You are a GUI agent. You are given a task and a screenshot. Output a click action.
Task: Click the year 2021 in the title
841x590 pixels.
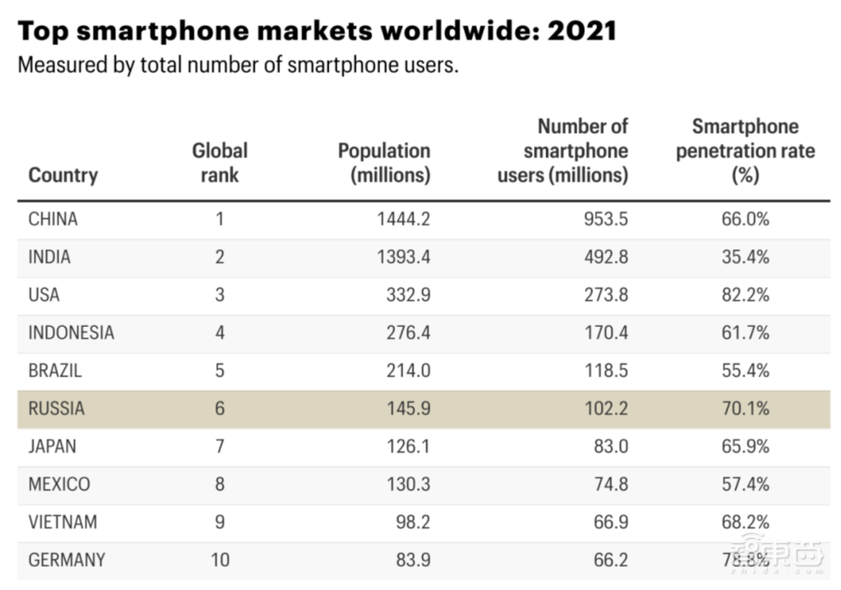(x=582, y=32)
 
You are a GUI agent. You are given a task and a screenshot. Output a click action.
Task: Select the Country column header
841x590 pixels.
(x=63, y=175)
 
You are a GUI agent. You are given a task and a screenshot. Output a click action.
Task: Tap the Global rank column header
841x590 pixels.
(x=220, y=163)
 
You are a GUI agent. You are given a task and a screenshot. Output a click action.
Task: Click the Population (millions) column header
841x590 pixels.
(x=383, y=163)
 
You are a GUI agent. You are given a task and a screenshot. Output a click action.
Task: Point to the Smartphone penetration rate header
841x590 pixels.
(x=745, y=151)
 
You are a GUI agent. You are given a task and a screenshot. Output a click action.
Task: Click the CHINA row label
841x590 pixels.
(x=53, y=219)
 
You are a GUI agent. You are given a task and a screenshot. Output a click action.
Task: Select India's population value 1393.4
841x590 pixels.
(x=405, y=257)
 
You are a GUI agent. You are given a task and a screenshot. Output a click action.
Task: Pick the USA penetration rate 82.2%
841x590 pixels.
(x=745, y=295)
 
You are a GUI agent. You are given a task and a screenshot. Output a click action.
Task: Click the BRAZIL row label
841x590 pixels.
(x=56, y=371)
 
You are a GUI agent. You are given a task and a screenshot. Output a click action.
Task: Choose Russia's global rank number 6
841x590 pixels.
(x=220, y=408)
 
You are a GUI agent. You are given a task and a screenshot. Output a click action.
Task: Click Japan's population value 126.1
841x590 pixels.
(x=409, y=446)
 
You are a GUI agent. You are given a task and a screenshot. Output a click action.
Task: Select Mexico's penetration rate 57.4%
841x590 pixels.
(x=745, y=484)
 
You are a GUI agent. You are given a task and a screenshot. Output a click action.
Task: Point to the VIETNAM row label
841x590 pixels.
(x=62, y=522)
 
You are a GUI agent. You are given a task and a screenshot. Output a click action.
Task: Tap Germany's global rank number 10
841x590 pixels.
(x=220, y=560)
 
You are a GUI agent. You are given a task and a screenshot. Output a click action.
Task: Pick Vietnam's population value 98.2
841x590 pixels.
(x=413, y=522)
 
